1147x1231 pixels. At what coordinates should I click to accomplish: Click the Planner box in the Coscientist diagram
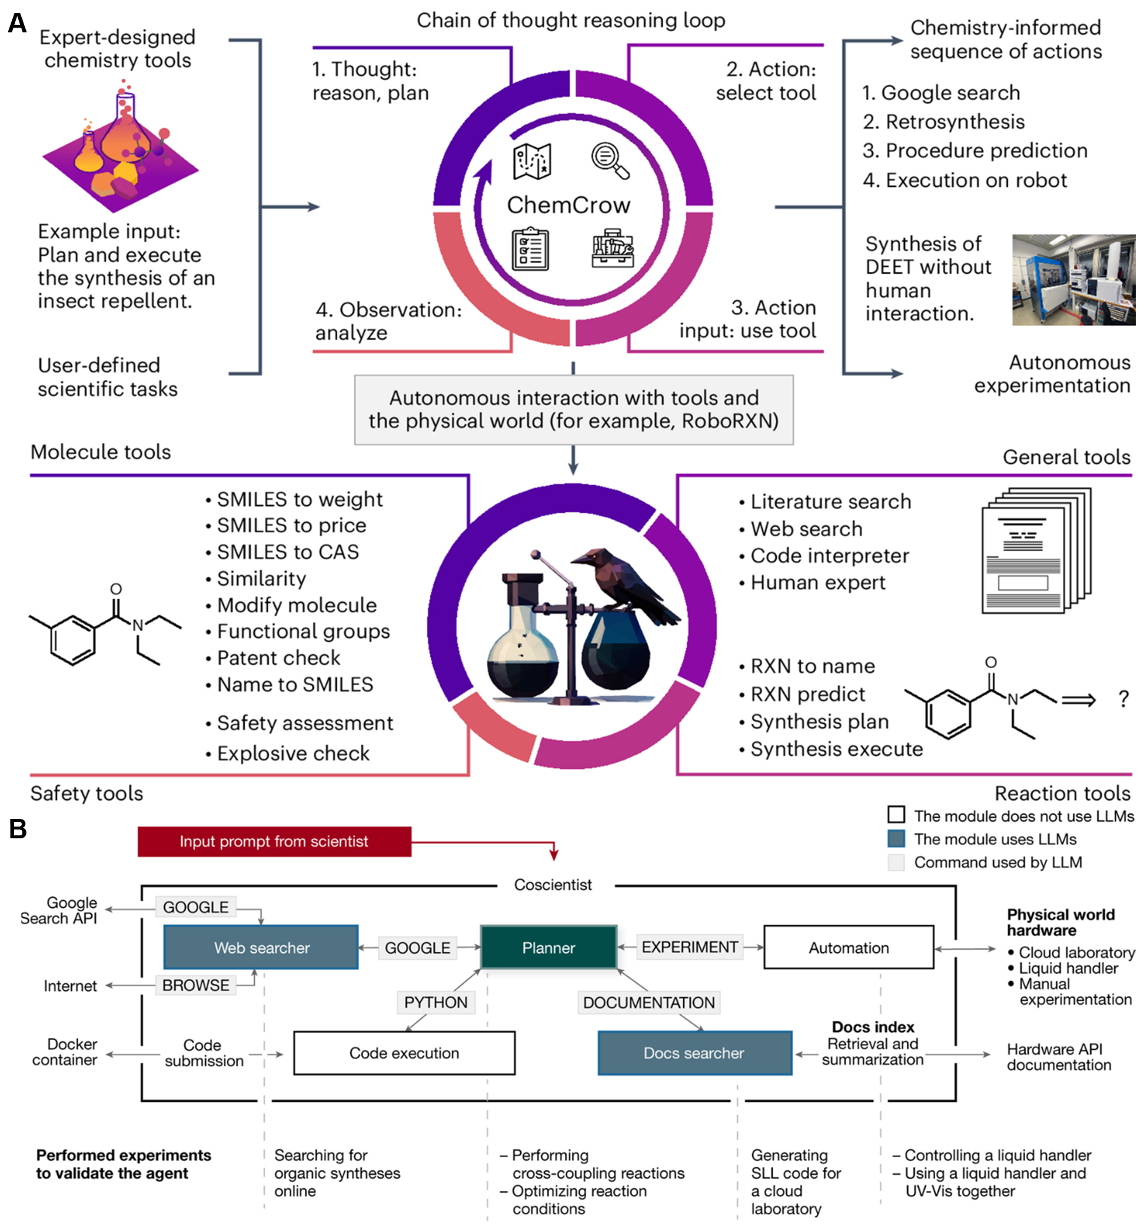click(x=548, y=947)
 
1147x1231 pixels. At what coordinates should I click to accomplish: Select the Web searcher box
click(x=261, y=947)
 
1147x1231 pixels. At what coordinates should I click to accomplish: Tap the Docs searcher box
click(x=694, y=1053)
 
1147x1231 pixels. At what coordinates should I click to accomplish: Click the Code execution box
click(x=404, y=1053)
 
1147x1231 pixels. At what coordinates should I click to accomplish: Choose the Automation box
click(x=848, y=947)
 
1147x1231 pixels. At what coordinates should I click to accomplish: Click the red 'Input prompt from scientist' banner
click(x=274, y=841)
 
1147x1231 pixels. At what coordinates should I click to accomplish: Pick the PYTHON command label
click(x=435, y=1002)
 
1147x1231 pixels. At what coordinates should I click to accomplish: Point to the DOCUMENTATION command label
click(x=648, y=1002)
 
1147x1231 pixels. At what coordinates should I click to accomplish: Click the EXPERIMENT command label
click(x=689, y=947)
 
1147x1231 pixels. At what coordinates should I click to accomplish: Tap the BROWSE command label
click(x=195, y=984)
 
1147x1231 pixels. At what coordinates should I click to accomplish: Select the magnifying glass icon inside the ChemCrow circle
click(x=609, y=160)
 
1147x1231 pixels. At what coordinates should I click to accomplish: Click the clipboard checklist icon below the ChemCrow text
click(x=530, y=250)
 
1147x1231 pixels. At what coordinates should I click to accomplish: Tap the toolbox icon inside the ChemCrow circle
click(x=611, y=248)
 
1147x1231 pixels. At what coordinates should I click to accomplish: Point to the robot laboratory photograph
click(x=1073, y=279)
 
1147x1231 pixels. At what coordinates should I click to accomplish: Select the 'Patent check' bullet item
click(x=278, y=657)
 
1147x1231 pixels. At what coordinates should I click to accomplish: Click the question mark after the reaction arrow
click(x=1123, y=699)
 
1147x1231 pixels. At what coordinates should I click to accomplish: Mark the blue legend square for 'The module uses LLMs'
click(x=896, y=838)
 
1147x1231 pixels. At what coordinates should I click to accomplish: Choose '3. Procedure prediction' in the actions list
click(x=975, y=151)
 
